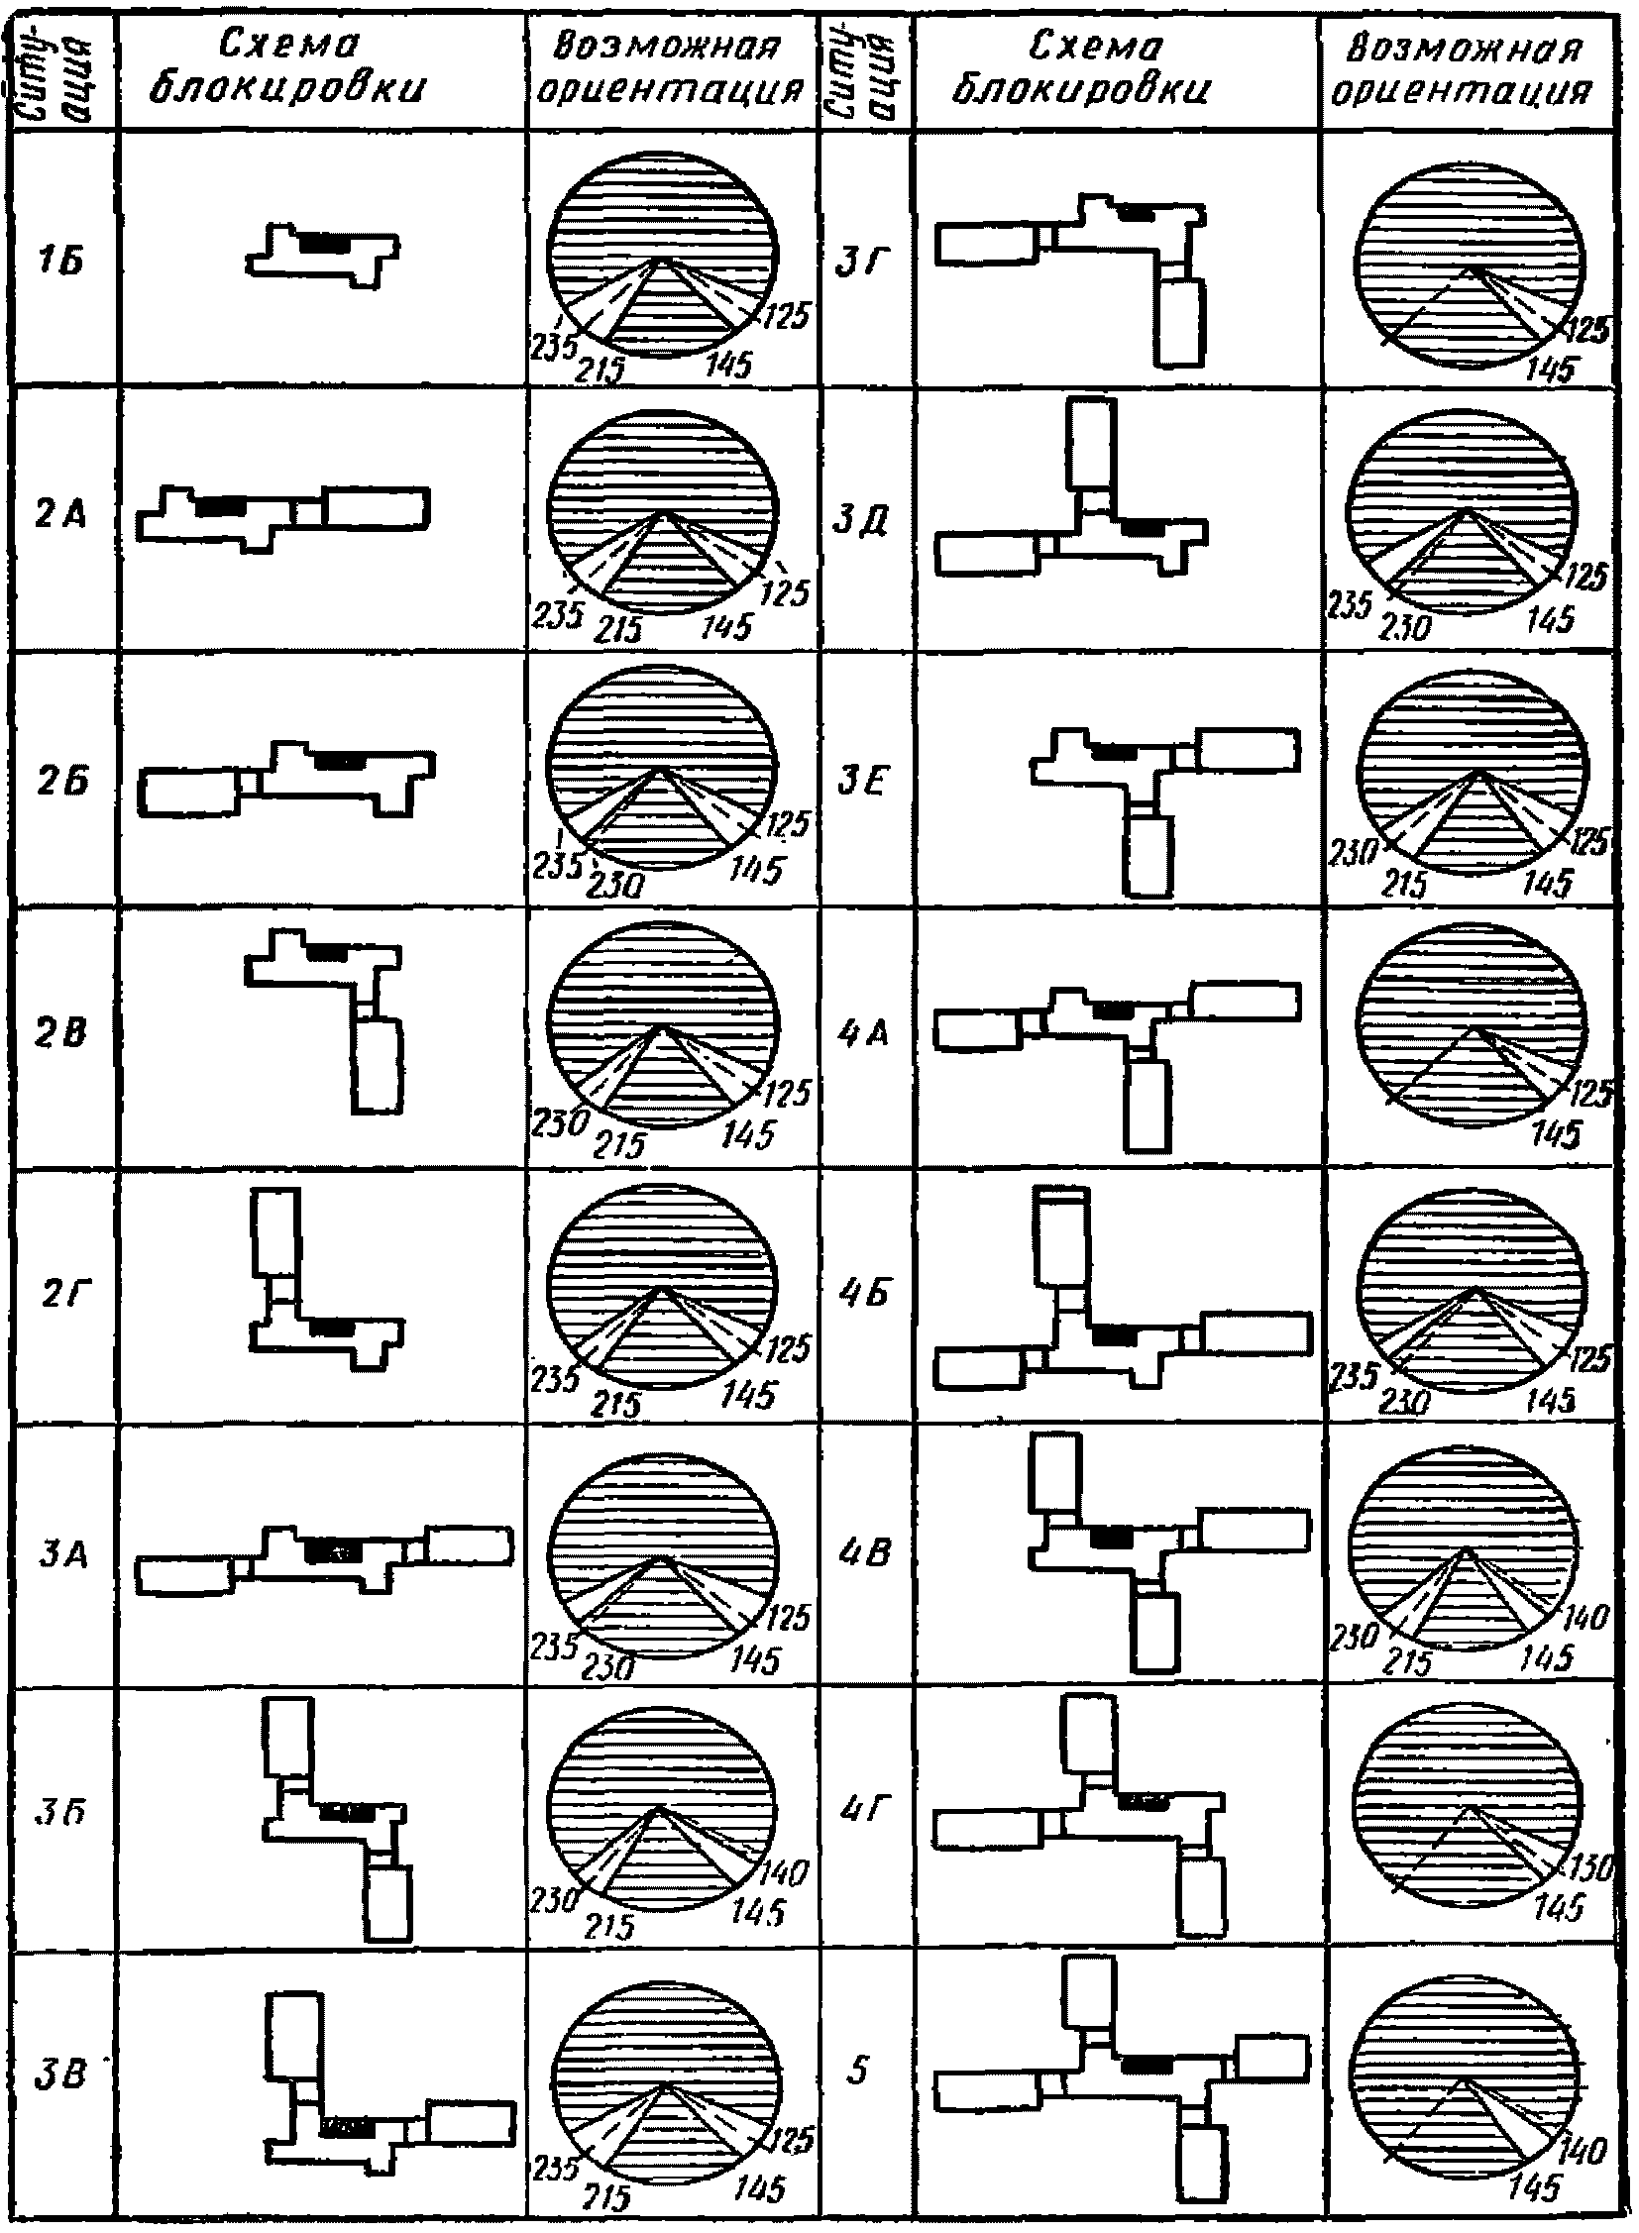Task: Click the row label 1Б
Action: pyautogui.click(x=60, y=263)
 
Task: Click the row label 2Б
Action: pyautogui.click(x=61, y=783)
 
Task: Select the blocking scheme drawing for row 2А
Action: pyautogui.click(x=282, y=514)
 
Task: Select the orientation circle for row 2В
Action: pyautogui.click(x=662, y=1024)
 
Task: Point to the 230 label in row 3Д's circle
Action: pyautogui.click(x=1406, y=627)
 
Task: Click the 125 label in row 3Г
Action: pyautogui.click(x=1590, y=330)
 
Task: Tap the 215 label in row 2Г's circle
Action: pyautogui.click(x=616, y=1404)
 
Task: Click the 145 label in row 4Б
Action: pyautogui.click(x=1550, y=1400)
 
